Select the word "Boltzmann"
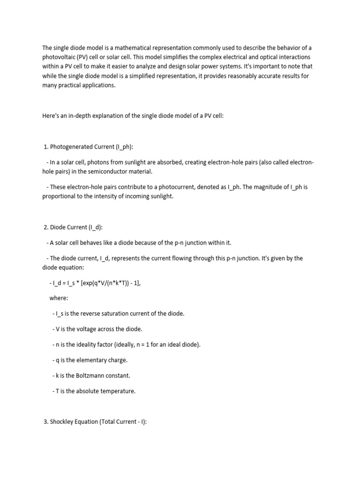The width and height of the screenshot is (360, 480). (92, 375)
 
